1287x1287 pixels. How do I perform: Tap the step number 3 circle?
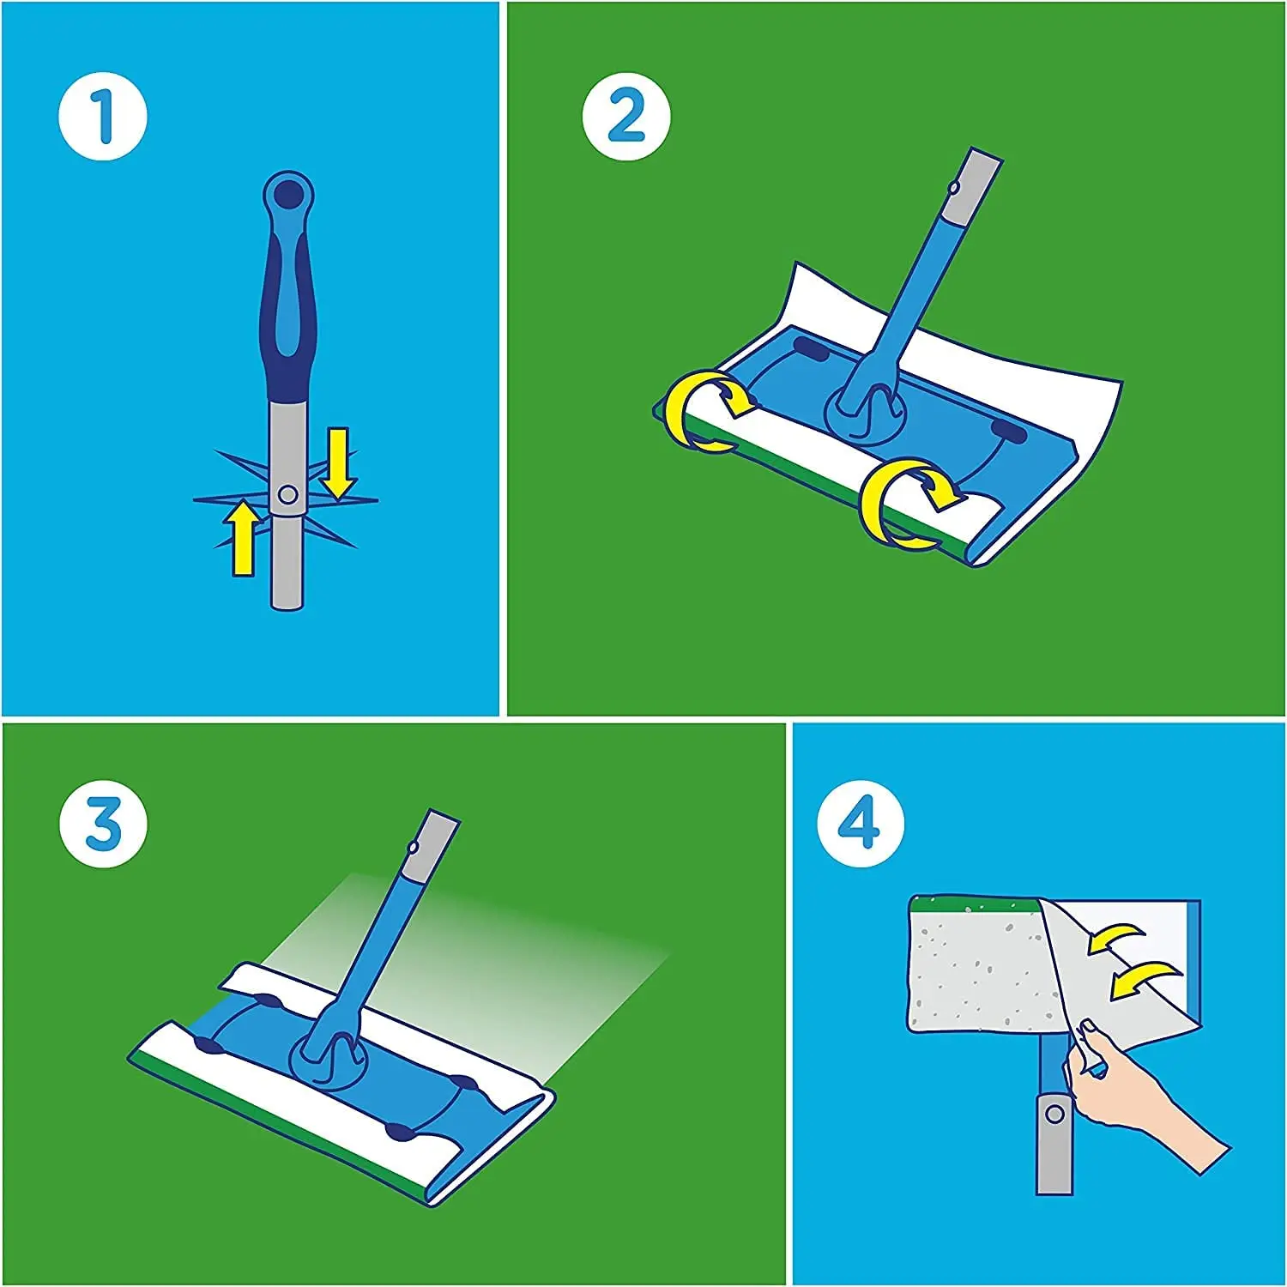click(103, 825)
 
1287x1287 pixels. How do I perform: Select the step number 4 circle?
click(860, 825)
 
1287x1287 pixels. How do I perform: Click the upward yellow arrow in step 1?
click(244, 539)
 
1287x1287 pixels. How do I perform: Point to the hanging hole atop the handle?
click(287, 190)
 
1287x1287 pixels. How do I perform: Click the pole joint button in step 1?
click(287, 495)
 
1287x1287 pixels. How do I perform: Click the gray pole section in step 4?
click(1054, 1141)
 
